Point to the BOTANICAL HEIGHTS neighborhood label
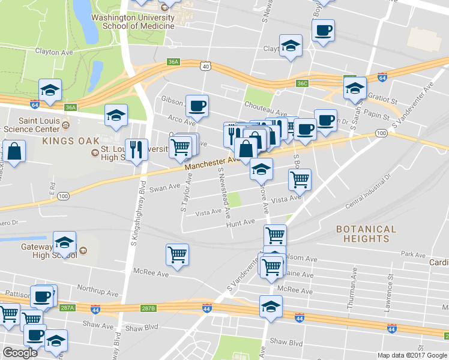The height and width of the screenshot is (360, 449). [366, 233]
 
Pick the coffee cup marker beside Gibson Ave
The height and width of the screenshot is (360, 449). [197, 106]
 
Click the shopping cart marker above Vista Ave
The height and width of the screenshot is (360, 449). [300, 178]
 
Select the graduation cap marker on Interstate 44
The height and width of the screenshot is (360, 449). [271, 306]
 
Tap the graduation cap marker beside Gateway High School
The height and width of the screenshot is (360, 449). [64, 242]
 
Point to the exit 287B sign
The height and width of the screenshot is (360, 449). [148, 308]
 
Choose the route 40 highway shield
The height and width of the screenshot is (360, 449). [206, 67]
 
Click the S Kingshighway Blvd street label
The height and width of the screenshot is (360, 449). [134, 210]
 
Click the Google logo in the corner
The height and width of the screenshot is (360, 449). [20, 353]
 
